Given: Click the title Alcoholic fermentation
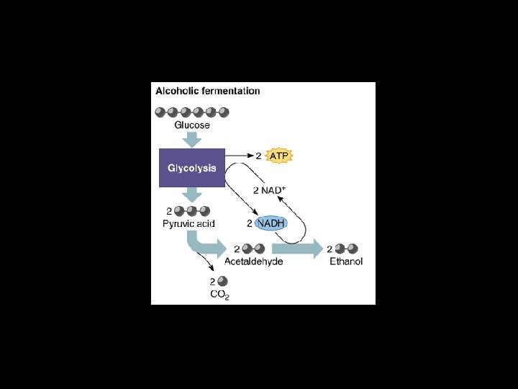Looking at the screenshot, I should (x=208, y=91).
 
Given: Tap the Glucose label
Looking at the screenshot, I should (x=192, y=125).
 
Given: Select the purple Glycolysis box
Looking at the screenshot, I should (x=191, y=168).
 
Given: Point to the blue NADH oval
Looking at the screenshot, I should (x=271, y=223).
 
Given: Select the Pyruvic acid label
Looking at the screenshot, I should (x=188, y=224).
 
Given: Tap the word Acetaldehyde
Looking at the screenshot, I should (x=253, y=261).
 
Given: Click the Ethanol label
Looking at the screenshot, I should (x=346, y=261).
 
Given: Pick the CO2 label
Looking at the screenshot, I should (x=219, y=295).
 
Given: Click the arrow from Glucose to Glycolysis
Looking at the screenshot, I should (x=192, y=138).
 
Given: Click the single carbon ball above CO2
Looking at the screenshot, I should (x=222, y=281).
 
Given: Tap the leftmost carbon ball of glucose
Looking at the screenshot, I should (x=160, y=112).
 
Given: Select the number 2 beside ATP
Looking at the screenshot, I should (x=260, y=155).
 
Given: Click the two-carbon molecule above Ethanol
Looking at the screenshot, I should (x=345, y=249).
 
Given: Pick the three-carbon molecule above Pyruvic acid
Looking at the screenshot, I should (x=192, y=211).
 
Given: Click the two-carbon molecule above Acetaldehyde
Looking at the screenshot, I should (x=253, y=249).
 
